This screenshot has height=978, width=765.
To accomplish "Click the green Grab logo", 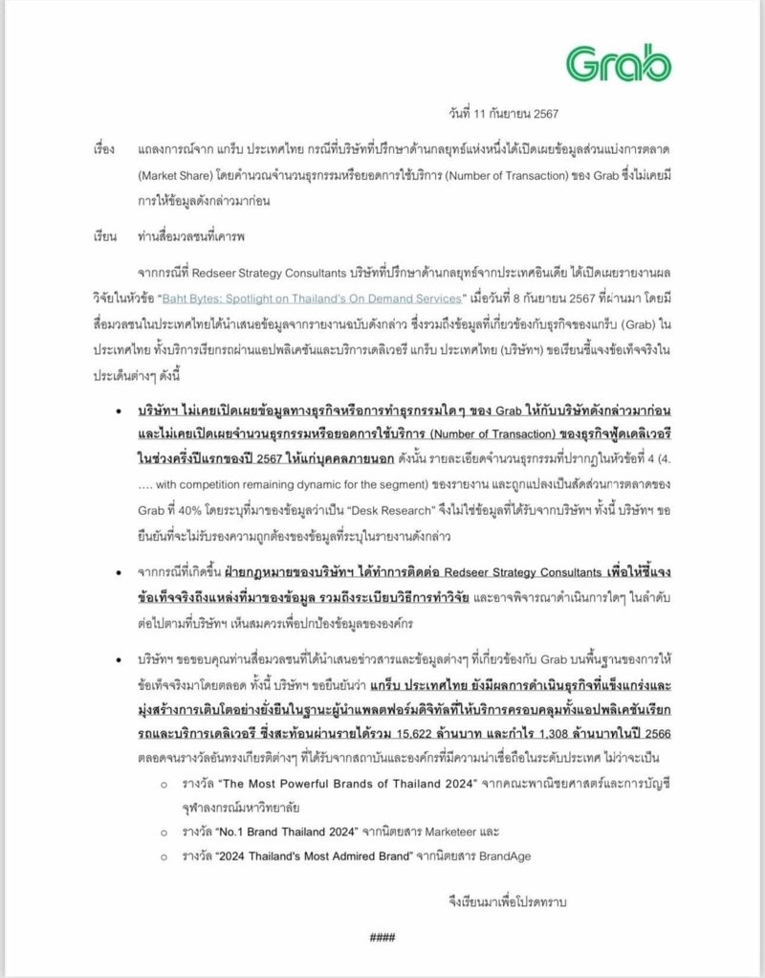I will (x=618, y=64).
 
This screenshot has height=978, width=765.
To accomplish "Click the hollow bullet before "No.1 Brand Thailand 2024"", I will (x=164, y=830).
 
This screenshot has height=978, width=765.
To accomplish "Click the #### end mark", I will (x=382, y=937).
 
